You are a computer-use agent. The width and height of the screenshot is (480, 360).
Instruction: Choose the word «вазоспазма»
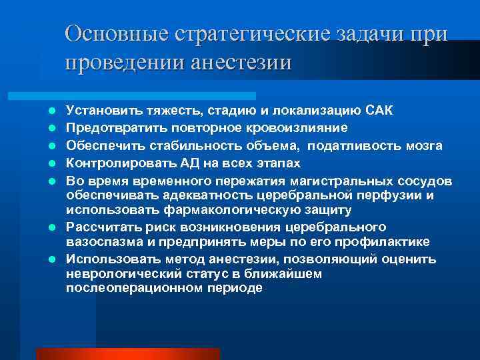[99, 242]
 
